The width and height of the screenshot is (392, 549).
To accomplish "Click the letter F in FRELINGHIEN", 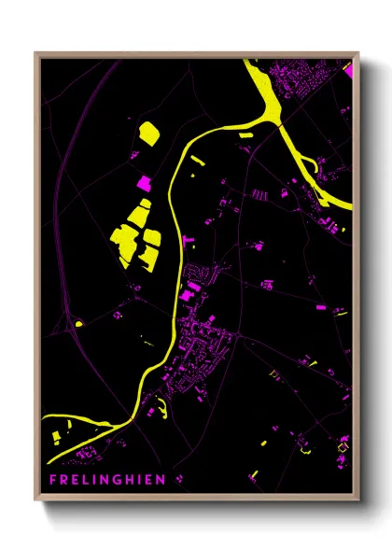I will (x=54, y=480).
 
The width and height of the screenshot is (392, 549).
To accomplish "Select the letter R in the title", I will (x=66, y=480).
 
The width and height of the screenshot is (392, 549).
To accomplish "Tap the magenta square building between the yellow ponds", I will (x=145, y=184).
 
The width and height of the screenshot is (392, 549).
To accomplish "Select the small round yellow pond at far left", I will (x=78, y=324).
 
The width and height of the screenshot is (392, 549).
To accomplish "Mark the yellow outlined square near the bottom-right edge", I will (x=342, y=447).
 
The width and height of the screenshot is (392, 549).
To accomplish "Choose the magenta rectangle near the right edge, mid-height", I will (x=320, y=306).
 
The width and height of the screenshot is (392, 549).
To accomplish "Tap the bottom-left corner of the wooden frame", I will (x=36, y=499).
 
